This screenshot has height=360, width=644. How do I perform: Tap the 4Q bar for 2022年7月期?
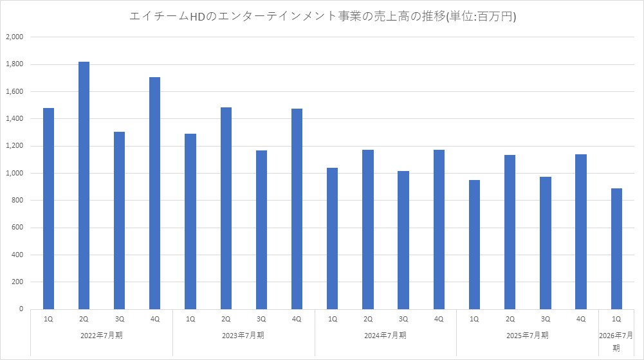pyautogui.click(x=154, y=193)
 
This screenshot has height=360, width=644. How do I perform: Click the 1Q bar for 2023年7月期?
pyautogui.click(x=190, y=221)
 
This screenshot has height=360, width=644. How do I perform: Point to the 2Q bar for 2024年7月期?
pyautogui.click(x=368, y=229)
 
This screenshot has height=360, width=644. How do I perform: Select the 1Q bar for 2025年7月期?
pyautogui.click(x=474, y=244)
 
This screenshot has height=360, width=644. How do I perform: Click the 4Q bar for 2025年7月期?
pyautogui.click(x=581, y=231)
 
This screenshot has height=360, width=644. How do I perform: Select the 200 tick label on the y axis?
pyautogui.click(x=17, y=282)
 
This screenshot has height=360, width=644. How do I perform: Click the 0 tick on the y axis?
pyautogui.click(x=21, y=309)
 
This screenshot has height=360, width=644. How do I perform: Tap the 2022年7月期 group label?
pyautogui.click(x=102, y=335)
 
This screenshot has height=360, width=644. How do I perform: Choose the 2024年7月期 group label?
pyautogui.click(x=385, y=335)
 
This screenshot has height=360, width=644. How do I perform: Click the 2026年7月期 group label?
pyautogui.click(x=616, y=341)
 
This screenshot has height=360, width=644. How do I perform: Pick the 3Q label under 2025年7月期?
pyautogui.click(x=545, y=319)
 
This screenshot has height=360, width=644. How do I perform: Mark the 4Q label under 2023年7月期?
pyautogui.click(x=297, y=319)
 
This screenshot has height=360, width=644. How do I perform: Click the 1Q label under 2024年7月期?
pyautogui.click(x=333, y=319)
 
